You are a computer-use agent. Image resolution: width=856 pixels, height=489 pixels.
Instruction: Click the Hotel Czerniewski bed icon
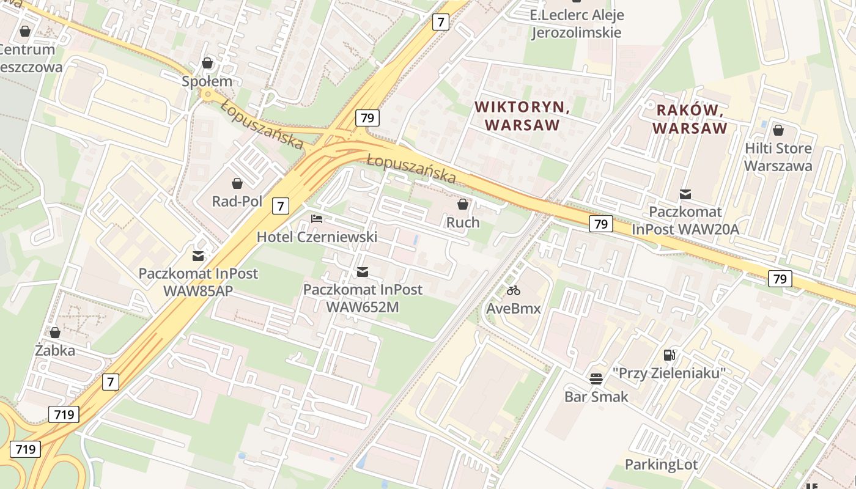point(316,218)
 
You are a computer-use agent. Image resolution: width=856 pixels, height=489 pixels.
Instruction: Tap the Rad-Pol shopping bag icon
point(237,183)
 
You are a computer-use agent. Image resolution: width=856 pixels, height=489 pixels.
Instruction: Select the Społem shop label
point(207,81)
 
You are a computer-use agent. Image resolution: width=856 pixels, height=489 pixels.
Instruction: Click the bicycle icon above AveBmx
point(513,290)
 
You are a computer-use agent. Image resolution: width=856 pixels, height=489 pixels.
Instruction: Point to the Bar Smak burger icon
point(596,378)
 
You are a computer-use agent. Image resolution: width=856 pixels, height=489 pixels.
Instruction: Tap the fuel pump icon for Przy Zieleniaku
point(670,355)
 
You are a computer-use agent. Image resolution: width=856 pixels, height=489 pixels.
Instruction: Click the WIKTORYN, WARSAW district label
point(522,116)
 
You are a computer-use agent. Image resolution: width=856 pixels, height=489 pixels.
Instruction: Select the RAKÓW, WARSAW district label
point(690,119)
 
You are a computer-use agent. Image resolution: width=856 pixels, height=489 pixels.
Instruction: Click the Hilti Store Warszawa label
point(778,157)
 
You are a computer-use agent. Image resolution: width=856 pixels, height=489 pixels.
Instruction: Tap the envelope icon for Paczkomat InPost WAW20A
point(685,194)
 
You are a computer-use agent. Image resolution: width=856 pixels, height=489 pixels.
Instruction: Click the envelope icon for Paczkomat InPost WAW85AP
point(198,256)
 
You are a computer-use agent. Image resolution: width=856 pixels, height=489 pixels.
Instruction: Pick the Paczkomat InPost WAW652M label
point(363,298)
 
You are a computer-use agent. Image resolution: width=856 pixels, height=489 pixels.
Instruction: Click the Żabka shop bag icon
point(55,333)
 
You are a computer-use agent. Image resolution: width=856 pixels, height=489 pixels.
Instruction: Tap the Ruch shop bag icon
point(463,204)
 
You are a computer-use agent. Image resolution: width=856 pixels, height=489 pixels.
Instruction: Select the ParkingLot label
point(661,465)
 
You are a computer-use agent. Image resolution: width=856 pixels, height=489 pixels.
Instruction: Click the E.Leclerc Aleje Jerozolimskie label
point(576,23)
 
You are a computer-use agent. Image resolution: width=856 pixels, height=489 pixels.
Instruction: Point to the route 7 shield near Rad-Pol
point(280,206)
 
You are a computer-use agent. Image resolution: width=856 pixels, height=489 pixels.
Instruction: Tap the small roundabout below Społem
point(208,95)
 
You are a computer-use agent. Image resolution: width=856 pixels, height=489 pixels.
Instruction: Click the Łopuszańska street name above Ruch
point(411,168)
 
